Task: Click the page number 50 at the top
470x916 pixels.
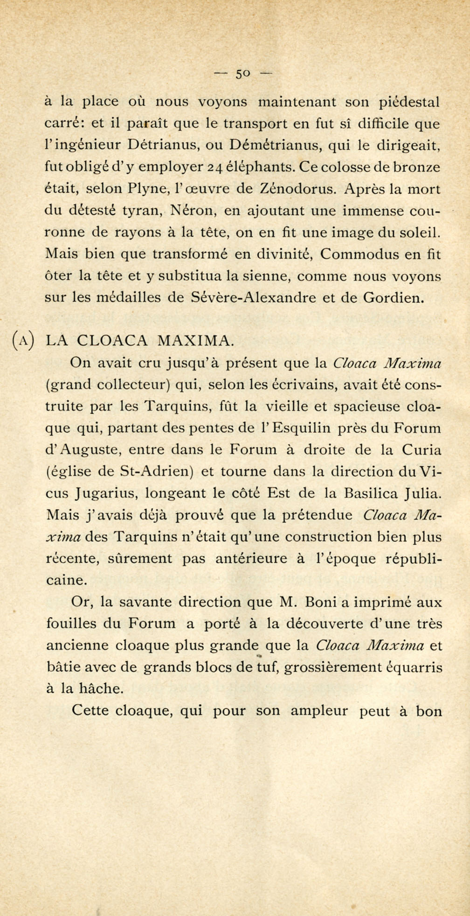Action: [x=242, y=74]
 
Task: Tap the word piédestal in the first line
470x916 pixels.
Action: [x=408, y=102]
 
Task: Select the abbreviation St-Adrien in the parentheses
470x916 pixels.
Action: [x=157, y=472]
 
